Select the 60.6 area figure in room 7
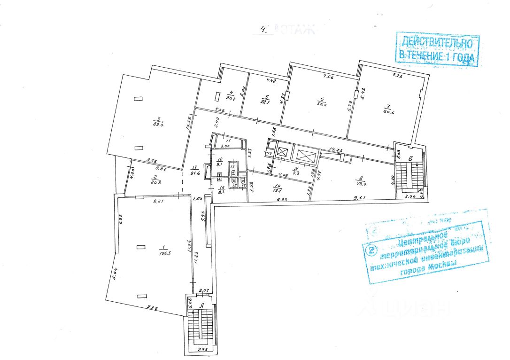click(387, 112)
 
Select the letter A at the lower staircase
click(202, 305)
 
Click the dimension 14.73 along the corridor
click(336, 149)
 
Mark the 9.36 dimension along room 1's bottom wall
click(151, 308)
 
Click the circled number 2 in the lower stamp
click(374, 250)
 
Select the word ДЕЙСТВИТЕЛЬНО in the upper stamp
click(436, 43)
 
